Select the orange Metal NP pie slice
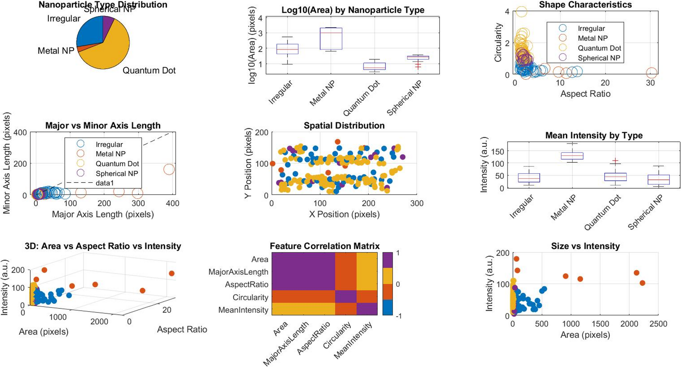pos(79,49)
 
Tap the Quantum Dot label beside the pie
pos(149,70)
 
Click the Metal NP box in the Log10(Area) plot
pos(331,38)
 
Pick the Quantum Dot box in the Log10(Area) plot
pos(374,66)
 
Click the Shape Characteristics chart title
pos(585,5)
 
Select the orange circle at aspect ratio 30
pos(652,73)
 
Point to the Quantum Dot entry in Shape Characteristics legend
pos(599,48)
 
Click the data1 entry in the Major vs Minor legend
pos(105,183)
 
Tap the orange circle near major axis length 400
pos(169,169)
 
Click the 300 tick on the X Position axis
pos(417,203)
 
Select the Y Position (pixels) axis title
pos(248,163)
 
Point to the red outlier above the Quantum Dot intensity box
pos(615,161)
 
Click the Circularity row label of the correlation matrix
pos(250,297)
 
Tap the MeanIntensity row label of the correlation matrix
pos(243,310)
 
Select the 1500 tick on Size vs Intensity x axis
pos(600,324)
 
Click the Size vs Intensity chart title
pos(585,246)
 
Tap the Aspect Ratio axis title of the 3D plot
pos(182,330)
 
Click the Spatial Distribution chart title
pos(344,126)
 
